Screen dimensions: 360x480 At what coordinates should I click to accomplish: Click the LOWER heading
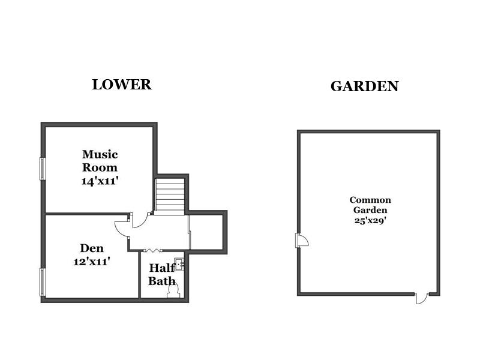[x=122, y=85]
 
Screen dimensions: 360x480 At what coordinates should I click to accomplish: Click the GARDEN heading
[x=364, y=86]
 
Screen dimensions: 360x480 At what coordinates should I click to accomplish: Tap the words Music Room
[x=100, y=161]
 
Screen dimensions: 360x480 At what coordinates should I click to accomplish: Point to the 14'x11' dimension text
[x=100, y=180]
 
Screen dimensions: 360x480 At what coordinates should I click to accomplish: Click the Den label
[x=92, y=248]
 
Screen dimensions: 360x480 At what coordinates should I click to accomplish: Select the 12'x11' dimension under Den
[x=91, y=261]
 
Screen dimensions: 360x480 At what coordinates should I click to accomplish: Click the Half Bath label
[x=162, y=274]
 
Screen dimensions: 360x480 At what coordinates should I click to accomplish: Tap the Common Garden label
[x=370, y=205]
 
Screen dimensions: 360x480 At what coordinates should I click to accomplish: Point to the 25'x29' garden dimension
[x=370, y=220]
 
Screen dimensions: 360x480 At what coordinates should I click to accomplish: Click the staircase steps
[x=170, y=196]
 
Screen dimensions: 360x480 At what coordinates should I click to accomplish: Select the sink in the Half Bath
[x=179, y=264]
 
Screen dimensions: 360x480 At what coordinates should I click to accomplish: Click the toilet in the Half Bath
[x=173, y=290]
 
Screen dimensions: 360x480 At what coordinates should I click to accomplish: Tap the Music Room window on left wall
[x=43, y=168]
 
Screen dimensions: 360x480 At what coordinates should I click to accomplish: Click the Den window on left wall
[x=43, y=281]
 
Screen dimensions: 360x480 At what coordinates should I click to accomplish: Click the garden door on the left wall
[x=302, y=241]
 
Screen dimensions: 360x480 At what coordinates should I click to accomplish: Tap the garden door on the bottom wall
[x=422, y=298]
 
